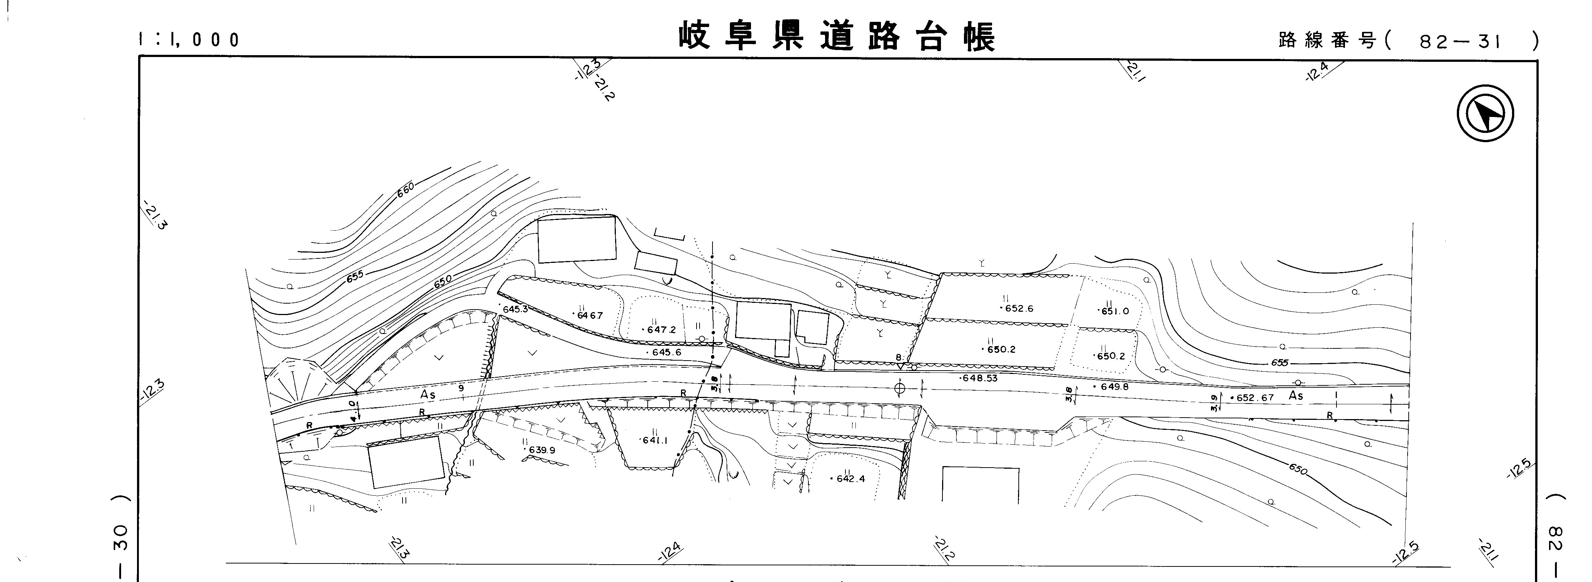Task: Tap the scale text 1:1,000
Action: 188,40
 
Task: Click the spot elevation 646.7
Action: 589,315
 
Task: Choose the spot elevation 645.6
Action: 665,352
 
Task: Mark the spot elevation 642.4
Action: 850,478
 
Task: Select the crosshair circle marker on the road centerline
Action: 900,388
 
